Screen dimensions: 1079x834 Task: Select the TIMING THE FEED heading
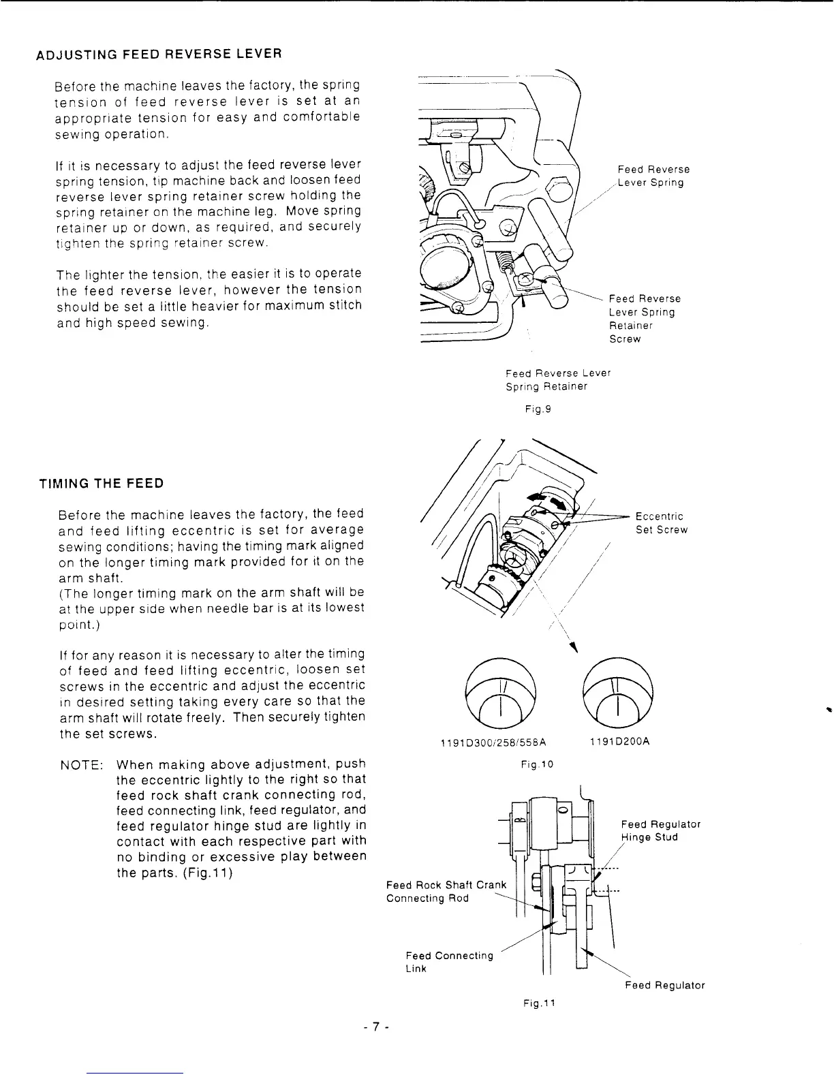click(102, 484)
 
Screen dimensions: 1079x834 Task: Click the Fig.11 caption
click(540, 1003)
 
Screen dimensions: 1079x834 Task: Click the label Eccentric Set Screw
click(661, 523)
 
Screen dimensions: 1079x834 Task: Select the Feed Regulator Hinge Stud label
click(660, 830)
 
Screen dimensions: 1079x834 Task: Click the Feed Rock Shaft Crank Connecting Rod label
click(446, 892)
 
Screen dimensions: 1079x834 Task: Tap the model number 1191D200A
click(619, 742)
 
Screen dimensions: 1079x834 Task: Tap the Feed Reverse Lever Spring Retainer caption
click(557, 380)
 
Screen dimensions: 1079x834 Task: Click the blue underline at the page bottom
click(136, 1073)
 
